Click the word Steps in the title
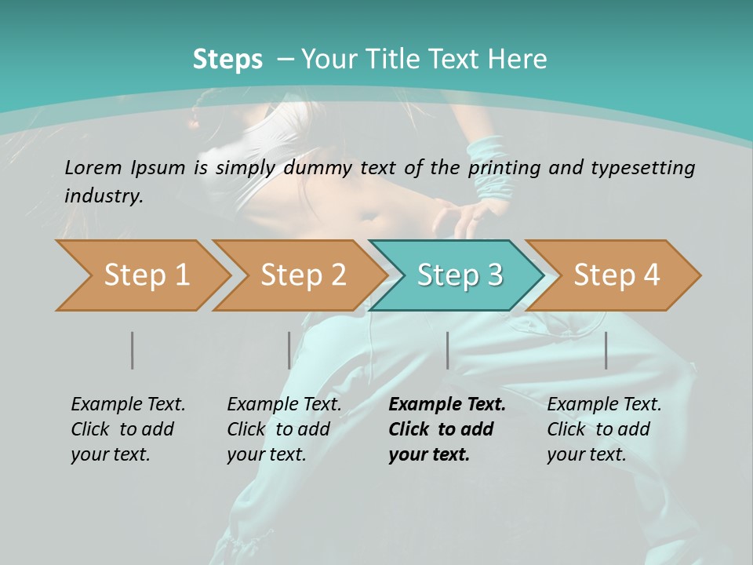coord(227,59)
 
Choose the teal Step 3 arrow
coord(460,275)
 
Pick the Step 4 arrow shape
coord(617,275)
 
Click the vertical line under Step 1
coord(133,350)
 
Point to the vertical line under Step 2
coord(289,350)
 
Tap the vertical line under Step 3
coord(448,350)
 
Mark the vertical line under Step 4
coord(606,350)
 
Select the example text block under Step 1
coord(128,428)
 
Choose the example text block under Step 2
coord(284,428)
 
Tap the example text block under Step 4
coord(604,428)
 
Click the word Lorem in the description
coord(93,167)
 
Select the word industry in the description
coord(103,196)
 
